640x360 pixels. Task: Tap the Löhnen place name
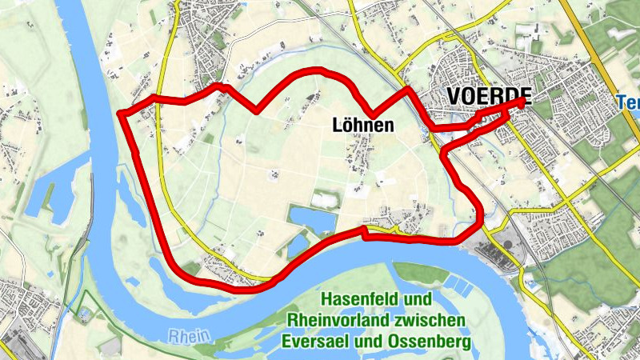362,126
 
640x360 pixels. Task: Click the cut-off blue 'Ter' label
628,102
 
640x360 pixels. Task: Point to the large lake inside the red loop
313,217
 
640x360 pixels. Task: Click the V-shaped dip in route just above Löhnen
370,113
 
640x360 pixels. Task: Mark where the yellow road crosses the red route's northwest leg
159,100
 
